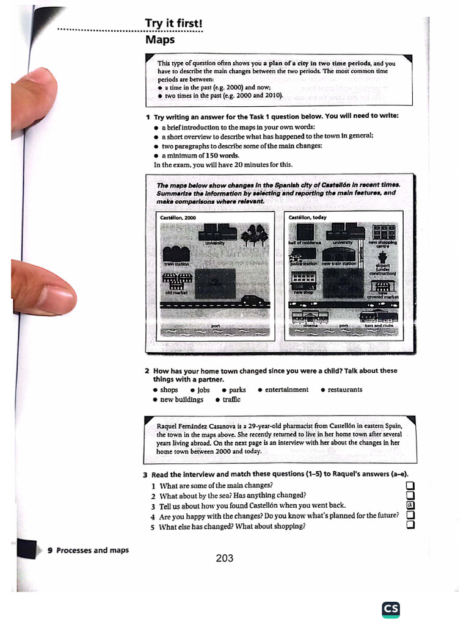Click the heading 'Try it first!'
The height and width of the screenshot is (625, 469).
(173, 24)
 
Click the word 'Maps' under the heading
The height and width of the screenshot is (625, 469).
(159, 40)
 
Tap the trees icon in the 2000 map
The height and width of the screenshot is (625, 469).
(255, 235)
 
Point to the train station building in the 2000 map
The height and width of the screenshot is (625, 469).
(176, 253)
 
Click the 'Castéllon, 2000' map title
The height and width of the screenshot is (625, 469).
(178, 218)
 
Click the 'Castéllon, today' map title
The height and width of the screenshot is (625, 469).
(308, 218)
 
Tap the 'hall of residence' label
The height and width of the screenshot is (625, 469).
(305, 243)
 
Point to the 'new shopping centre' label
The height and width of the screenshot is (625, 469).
(383, 244)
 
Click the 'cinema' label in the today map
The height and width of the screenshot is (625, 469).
(311, 326)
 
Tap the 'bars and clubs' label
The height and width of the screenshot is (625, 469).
(380, 326)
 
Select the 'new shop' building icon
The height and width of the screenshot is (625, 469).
(304, 280)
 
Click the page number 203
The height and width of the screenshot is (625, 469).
(224, 558)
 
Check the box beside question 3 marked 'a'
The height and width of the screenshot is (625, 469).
(410, 505)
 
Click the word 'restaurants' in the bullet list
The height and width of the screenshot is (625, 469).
(345, 389)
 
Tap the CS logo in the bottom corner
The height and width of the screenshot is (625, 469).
(391, 609)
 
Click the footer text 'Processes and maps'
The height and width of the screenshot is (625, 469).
(92, 550)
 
